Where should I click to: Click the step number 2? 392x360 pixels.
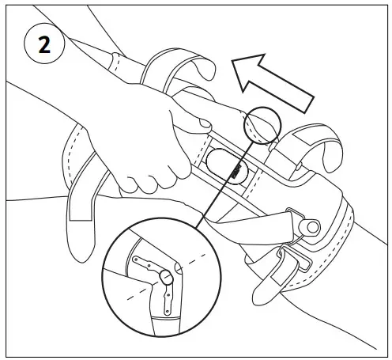44,44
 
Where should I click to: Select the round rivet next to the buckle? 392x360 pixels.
312,228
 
